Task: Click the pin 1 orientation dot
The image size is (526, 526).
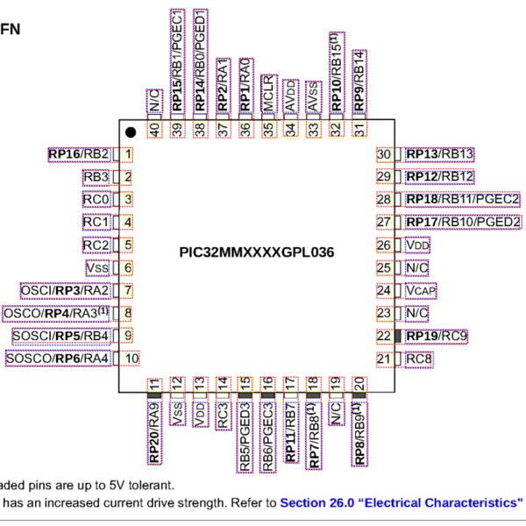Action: (x=130, y=132)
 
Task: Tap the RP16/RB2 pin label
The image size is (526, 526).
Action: (x=79, y=155)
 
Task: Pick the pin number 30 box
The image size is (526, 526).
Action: (x=383, y=154)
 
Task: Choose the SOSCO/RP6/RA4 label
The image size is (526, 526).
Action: (x=58, y=358)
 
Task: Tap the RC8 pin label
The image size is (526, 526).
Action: (x=418, y=359)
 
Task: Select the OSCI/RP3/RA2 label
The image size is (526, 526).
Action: (x=65, y=290)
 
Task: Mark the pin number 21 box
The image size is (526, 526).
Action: (x=383, y=359)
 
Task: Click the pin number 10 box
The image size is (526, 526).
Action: (x=131, y=358)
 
